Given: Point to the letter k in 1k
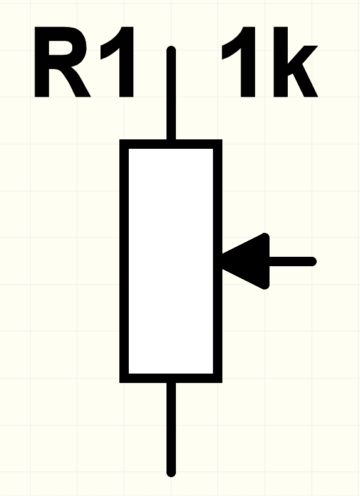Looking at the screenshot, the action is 295,62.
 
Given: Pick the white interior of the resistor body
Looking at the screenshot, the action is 171,261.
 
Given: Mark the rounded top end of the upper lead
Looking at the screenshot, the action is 171,48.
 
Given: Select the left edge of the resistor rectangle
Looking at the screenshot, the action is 124,261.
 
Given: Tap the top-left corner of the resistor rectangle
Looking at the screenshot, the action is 121,140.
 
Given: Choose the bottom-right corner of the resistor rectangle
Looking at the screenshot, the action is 221,382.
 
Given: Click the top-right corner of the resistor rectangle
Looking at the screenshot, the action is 221,140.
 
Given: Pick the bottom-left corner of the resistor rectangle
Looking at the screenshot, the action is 121,382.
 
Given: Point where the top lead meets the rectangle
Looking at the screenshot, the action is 171,140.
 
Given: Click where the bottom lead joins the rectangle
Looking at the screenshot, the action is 171,382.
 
